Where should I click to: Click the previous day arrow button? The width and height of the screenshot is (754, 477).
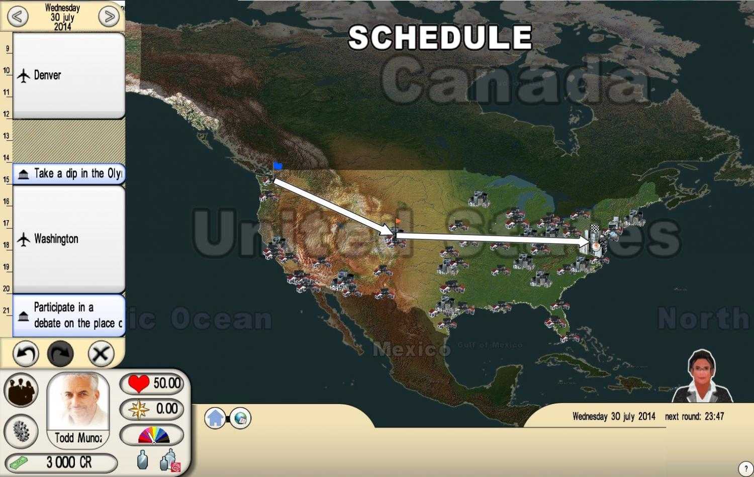pyautogui.click(x=17, y=17)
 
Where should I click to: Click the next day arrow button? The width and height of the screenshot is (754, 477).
pyautogui.click(x=109, y=17)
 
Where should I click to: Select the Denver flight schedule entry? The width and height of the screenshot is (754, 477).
pyautogui.click(x=68, y=75)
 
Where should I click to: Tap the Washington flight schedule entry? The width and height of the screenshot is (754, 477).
pyautogui.click(x=68, y=239)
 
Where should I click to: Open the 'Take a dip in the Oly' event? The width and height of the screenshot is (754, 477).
pyautogui.click(x=68, y=174)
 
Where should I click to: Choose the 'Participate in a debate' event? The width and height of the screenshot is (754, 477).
pyautogui.click(x=68, y=315)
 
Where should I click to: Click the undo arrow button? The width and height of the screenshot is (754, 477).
pyautogui.click(x=24, y=354)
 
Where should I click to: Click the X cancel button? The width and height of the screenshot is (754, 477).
pyautogui.click(x=101, y=354)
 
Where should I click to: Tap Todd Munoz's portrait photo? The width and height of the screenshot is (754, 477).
pyautogui.click(x=78, y=402)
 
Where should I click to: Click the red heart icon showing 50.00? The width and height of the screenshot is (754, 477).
pyautogui.click(x=139, y=384)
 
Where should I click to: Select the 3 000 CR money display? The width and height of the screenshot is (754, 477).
pyautogui.click(x=60, y=462)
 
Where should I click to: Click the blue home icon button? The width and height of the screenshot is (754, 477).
pyautogui.click(x=215, y=418)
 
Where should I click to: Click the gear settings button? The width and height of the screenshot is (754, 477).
pyautogui.click(x=21, y=431)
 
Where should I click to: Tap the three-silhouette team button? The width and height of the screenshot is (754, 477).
pyautogui.click(x=21, y=390)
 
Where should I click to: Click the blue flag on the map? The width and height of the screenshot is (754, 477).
pyautogui.click(x=277, y=165)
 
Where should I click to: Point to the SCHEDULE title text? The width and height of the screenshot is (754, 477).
pyautogui.click(x=440, y=37)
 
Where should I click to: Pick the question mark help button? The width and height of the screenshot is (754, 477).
pyautogui.click(x=746, y=469)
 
